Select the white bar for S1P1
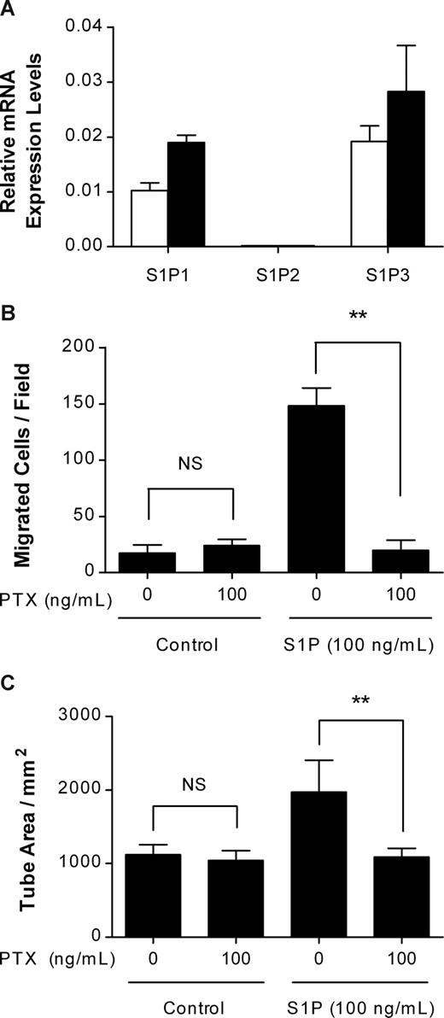click(x=149, y=218)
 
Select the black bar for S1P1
click(x=186, y=194)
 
